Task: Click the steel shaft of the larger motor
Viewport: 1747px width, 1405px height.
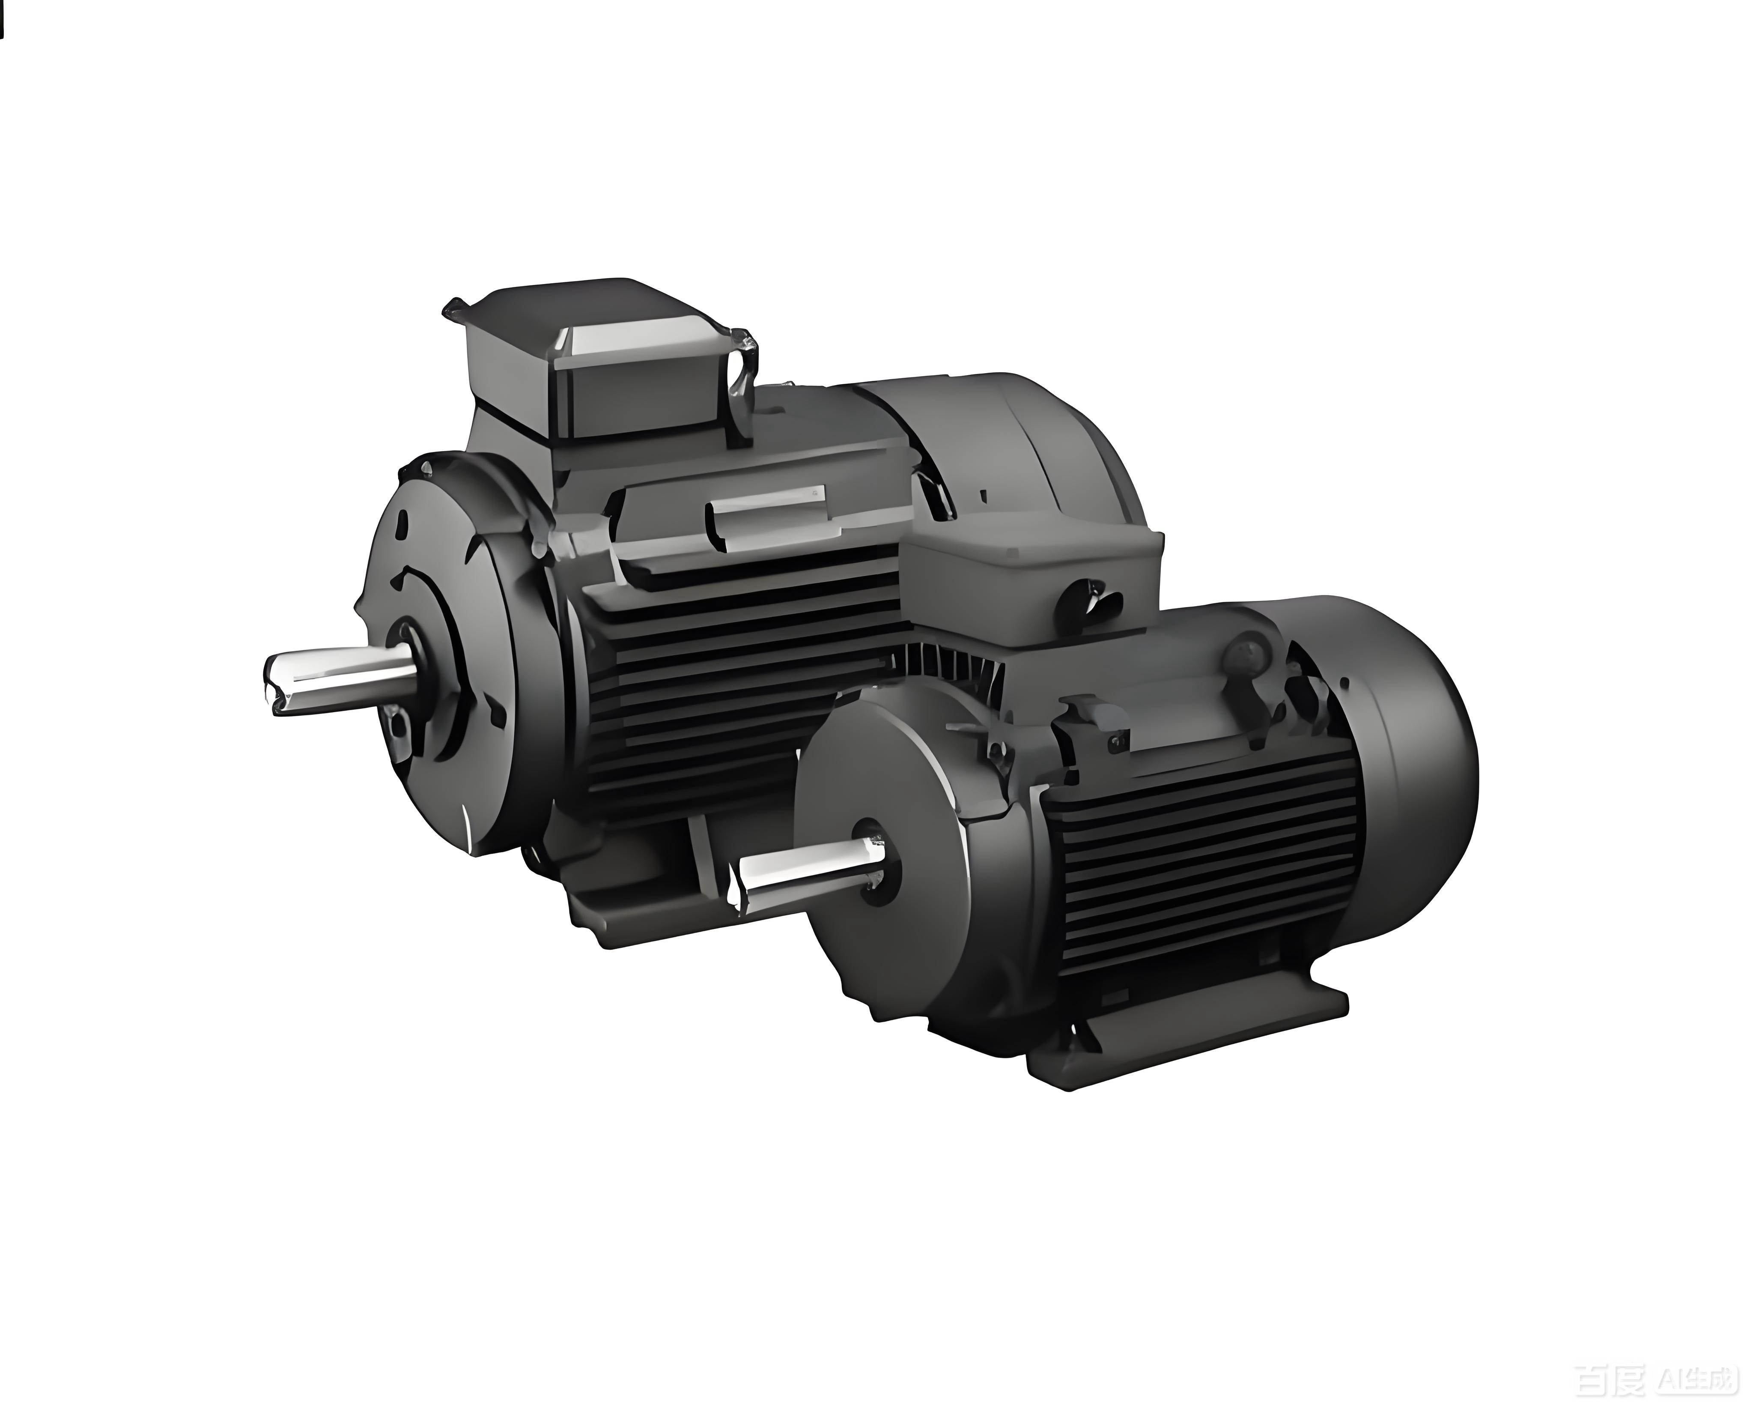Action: click(x=340, y=679)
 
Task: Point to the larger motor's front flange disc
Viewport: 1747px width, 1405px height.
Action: click(x=454, y=649)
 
